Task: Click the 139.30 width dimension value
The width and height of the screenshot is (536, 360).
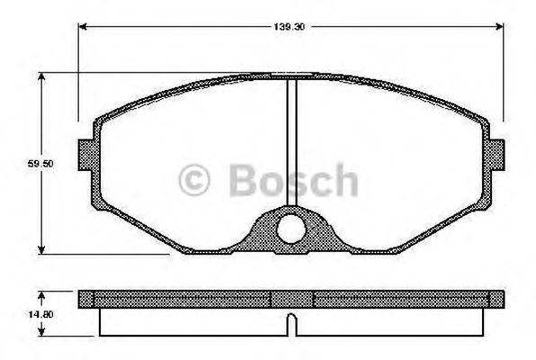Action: click(290, 28)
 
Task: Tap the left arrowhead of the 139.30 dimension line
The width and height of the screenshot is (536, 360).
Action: click(85, 27)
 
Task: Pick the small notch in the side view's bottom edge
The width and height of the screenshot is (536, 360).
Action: click(290, 320)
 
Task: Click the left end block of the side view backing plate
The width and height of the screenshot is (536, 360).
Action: click(85, 298)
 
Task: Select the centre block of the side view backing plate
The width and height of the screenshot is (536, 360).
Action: click(290, 298)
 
